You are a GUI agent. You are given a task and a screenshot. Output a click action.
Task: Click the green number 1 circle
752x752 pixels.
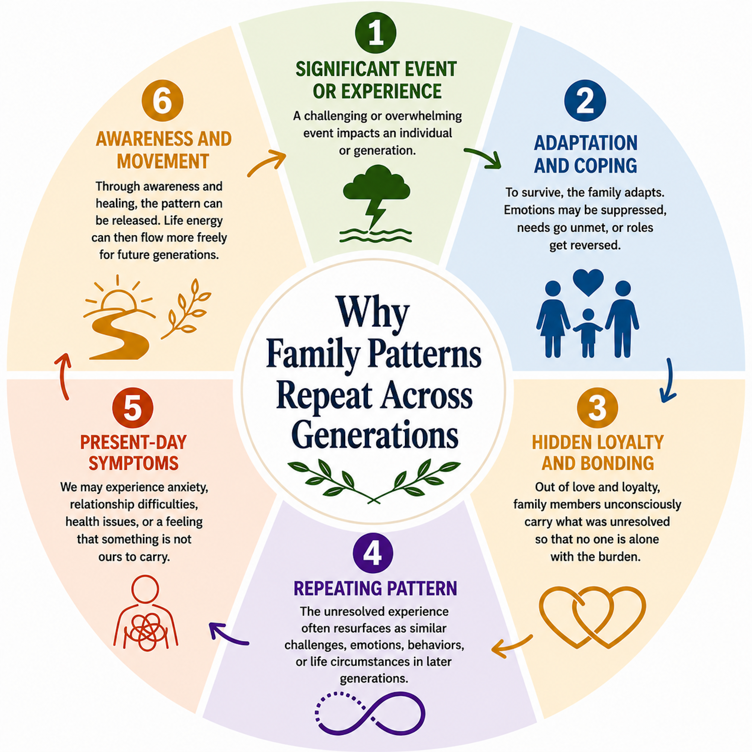coord(376,33)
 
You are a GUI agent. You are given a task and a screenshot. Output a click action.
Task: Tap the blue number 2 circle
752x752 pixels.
coord(585,101)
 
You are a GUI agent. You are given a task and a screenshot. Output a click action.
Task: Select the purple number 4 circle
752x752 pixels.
coord(373,553)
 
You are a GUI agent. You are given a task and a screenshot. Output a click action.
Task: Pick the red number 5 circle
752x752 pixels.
coord(133,408)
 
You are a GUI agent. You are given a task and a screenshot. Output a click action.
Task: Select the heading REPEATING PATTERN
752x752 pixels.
coord(375,588)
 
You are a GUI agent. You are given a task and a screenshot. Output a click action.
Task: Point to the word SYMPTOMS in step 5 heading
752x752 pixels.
coord(133,463)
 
